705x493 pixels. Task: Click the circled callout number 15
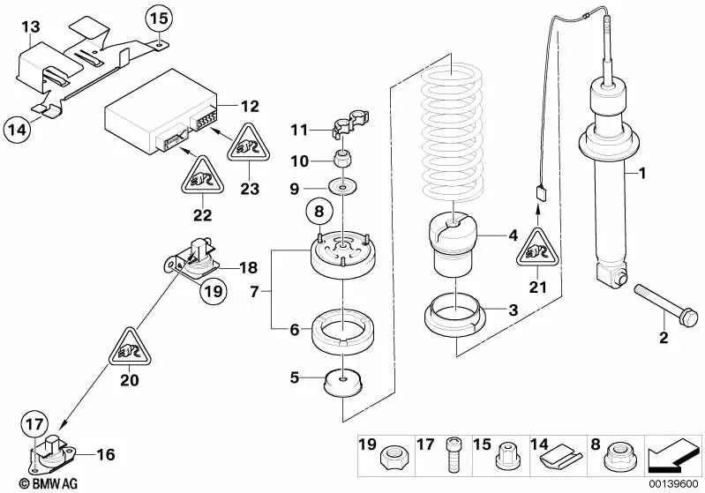coord(155,18)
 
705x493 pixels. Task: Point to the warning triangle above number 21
coord(536,250)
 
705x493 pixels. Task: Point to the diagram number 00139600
coord(676,484)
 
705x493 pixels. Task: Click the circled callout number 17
coord(32,423)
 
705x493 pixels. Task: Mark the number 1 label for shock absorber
coord(641,174)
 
